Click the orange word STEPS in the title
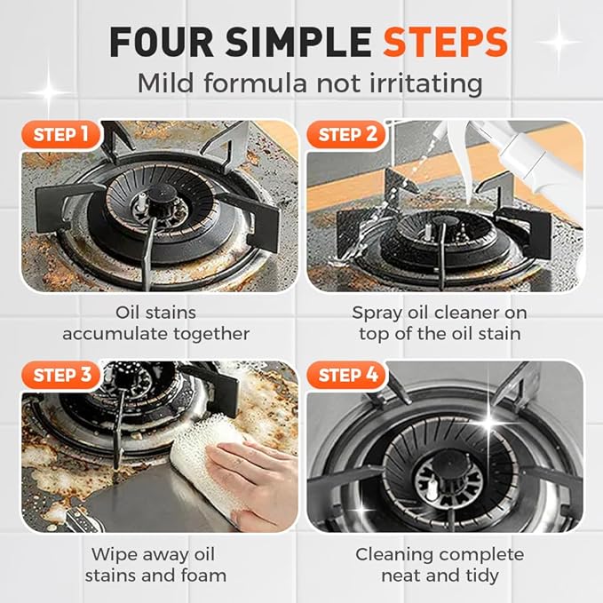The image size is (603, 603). [x=446, y=42]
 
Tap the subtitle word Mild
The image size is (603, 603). [x=165, y=84]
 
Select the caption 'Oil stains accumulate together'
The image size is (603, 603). [x=155, y=323]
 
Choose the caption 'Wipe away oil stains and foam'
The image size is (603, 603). [x=155, y=565]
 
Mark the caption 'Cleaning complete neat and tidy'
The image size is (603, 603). [x=440, y=565]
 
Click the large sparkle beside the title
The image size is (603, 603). [x=557, y=40]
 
